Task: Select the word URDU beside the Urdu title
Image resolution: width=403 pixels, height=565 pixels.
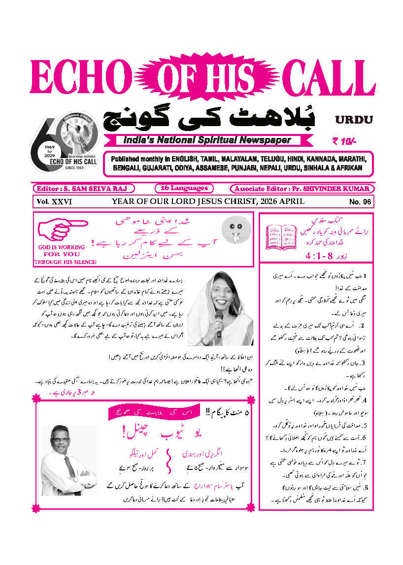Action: pos(354,119)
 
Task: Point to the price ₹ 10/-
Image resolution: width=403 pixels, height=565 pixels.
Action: pos(344,141)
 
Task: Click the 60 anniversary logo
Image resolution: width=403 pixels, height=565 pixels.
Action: pos(65,142)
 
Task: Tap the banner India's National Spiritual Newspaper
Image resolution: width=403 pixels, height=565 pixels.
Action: pos(204,140)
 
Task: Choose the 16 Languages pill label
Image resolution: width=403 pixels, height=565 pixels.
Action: pos(184,188)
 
